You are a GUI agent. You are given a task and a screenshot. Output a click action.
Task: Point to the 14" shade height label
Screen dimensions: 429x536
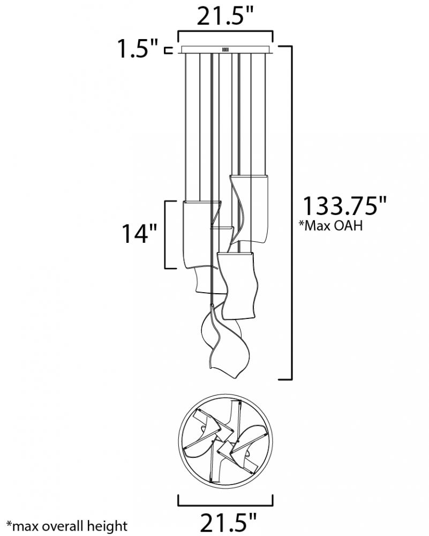[x=139, y=234]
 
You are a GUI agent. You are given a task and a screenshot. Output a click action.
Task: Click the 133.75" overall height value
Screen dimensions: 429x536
[x=344, y=206]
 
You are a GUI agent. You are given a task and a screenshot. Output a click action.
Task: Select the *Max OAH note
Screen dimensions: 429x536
[x=330, y=226]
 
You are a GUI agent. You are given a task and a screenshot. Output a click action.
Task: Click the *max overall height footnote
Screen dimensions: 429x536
[x=67, y=526]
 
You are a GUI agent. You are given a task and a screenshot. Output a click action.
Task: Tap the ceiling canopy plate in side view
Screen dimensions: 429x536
[x=225, y=49]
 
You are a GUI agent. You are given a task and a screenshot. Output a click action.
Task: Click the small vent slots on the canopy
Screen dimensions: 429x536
[x=225, y=49]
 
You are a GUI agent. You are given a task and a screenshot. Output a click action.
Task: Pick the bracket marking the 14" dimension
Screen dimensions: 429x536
[x=165, y=235]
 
